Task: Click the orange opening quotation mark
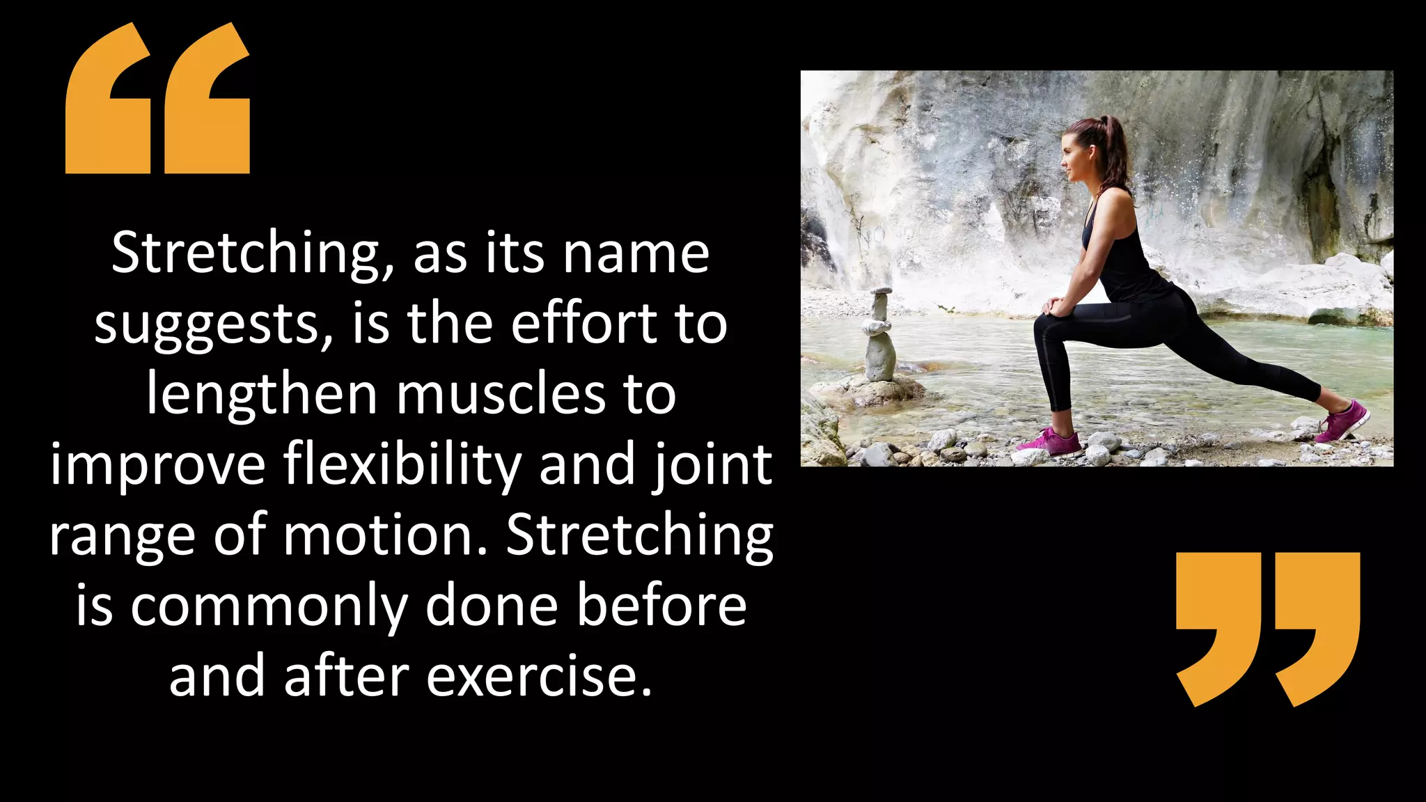(157, 99)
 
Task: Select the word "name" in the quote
(636, 253)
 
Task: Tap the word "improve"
(158, 465)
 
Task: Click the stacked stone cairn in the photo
(879, 338)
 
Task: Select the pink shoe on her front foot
(1050, 443)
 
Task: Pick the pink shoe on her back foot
(1344, 420)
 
